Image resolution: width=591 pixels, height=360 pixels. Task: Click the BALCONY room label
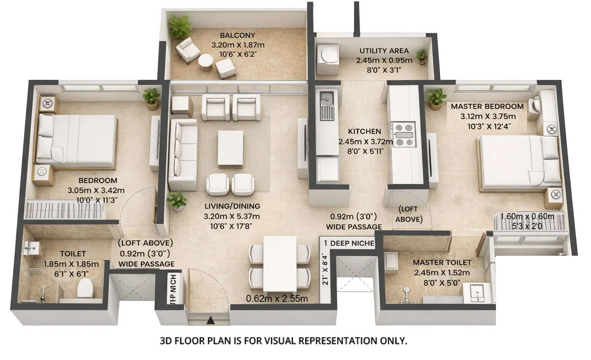point(237,35)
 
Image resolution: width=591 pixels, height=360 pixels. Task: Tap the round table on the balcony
point(206,61)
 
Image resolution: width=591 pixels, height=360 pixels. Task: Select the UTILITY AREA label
point(384,51)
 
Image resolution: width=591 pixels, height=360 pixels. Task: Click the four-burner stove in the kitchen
point(404,134)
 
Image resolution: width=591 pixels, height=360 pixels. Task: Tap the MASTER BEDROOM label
point(487,107)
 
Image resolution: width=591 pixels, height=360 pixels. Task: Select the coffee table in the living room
point(230,148)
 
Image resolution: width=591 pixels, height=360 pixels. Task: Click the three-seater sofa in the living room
point(183,154)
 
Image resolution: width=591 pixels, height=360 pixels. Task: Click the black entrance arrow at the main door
point(210,320)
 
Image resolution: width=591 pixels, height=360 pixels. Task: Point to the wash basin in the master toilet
point(477,293)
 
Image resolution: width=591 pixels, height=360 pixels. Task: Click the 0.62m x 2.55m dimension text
point(277,299)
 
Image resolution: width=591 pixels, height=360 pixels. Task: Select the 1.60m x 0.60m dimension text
point(527,217)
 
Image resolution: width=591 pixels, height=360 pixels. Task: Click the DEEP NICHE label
point(352,243)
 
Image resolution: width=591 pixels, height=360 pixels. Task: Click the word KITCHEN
point(364,131)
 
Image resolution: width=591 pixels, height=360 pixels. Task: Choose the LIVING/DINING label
point(232,206)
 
